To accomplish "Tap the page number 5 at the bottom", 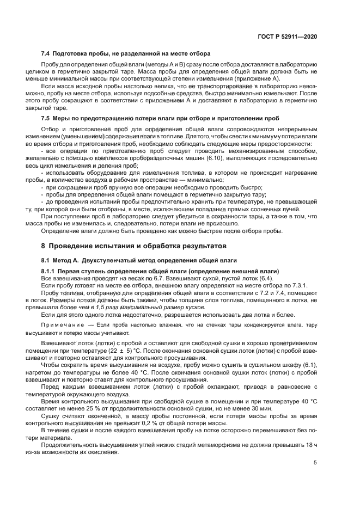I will coord(315,463).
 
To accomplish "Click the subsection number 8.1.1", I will coord(49,271).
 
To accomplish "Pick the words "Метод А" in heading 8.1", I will coord(69,260).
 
